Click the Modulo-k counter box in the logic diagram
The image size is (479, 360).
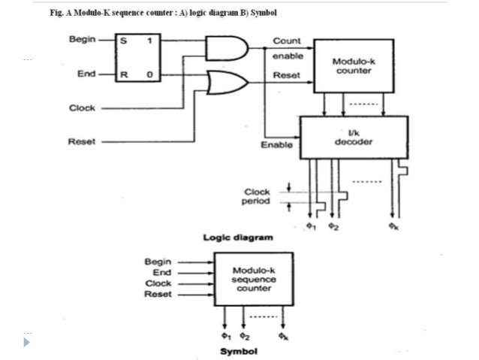[x=351, y=66]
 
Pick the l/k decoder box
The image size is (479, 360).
[x=353, y=138]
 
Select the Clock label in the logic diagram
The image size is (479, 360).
[x=82, y=107]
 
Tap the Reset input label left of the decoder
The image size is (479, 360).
[x=82, y=140]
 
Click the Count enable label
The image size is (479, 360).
[x=287, y=47]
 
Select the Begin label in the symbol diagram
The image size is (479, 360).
[x=158, y=261]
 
